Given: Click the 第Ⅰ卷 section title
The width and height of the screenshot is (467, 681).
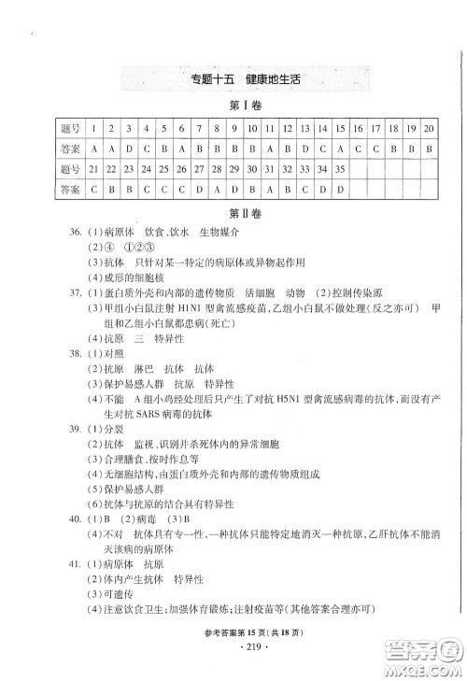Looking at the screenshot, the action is [x=233, y=106].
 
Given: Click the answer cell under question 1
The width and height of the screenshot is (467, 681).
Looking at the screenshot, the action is [x=93, y=148].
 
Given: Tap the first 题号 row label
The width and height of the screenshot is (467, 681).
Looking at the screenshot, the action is [x=68, y=127].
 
